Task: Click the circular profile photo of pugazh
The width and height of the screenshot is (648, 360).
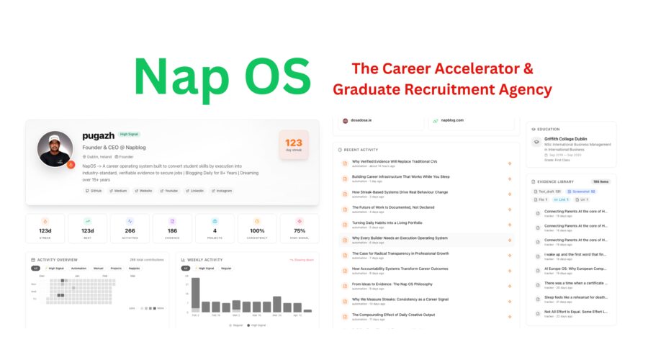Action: (x=55, y=150)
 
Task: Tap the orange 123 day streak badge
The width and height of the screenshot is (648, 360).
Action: (x=293, y=145)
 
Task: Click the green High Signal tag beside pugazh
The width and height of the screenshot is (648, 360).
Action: (x=130, y=134)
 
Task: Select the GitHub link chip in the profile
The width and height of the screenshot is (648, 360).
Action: (x=94, y=191)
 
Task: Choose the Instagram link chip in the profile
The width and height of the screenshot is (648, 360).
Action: (x=222, y=191)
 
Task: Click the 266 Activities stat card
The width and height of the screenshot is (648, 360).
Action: (x=130, y=228)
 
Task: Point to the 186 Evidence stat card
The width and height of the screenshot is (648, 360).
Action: (x=172, y=228)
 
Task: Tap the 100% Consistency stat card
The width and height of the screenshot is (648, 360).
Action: (x=257, y=228)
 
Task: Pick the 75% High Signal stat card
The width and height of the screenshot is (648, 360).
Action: (x=299, y=228)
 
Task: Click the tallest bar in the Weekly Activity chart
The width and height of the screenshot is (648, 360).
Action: (x=195, y=294)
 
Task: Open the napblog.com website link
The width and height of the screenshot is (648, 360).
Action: (x=451, y=120)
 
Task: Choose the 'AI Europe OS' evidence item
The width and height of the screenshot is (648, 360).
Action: (x=575, y=269)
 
